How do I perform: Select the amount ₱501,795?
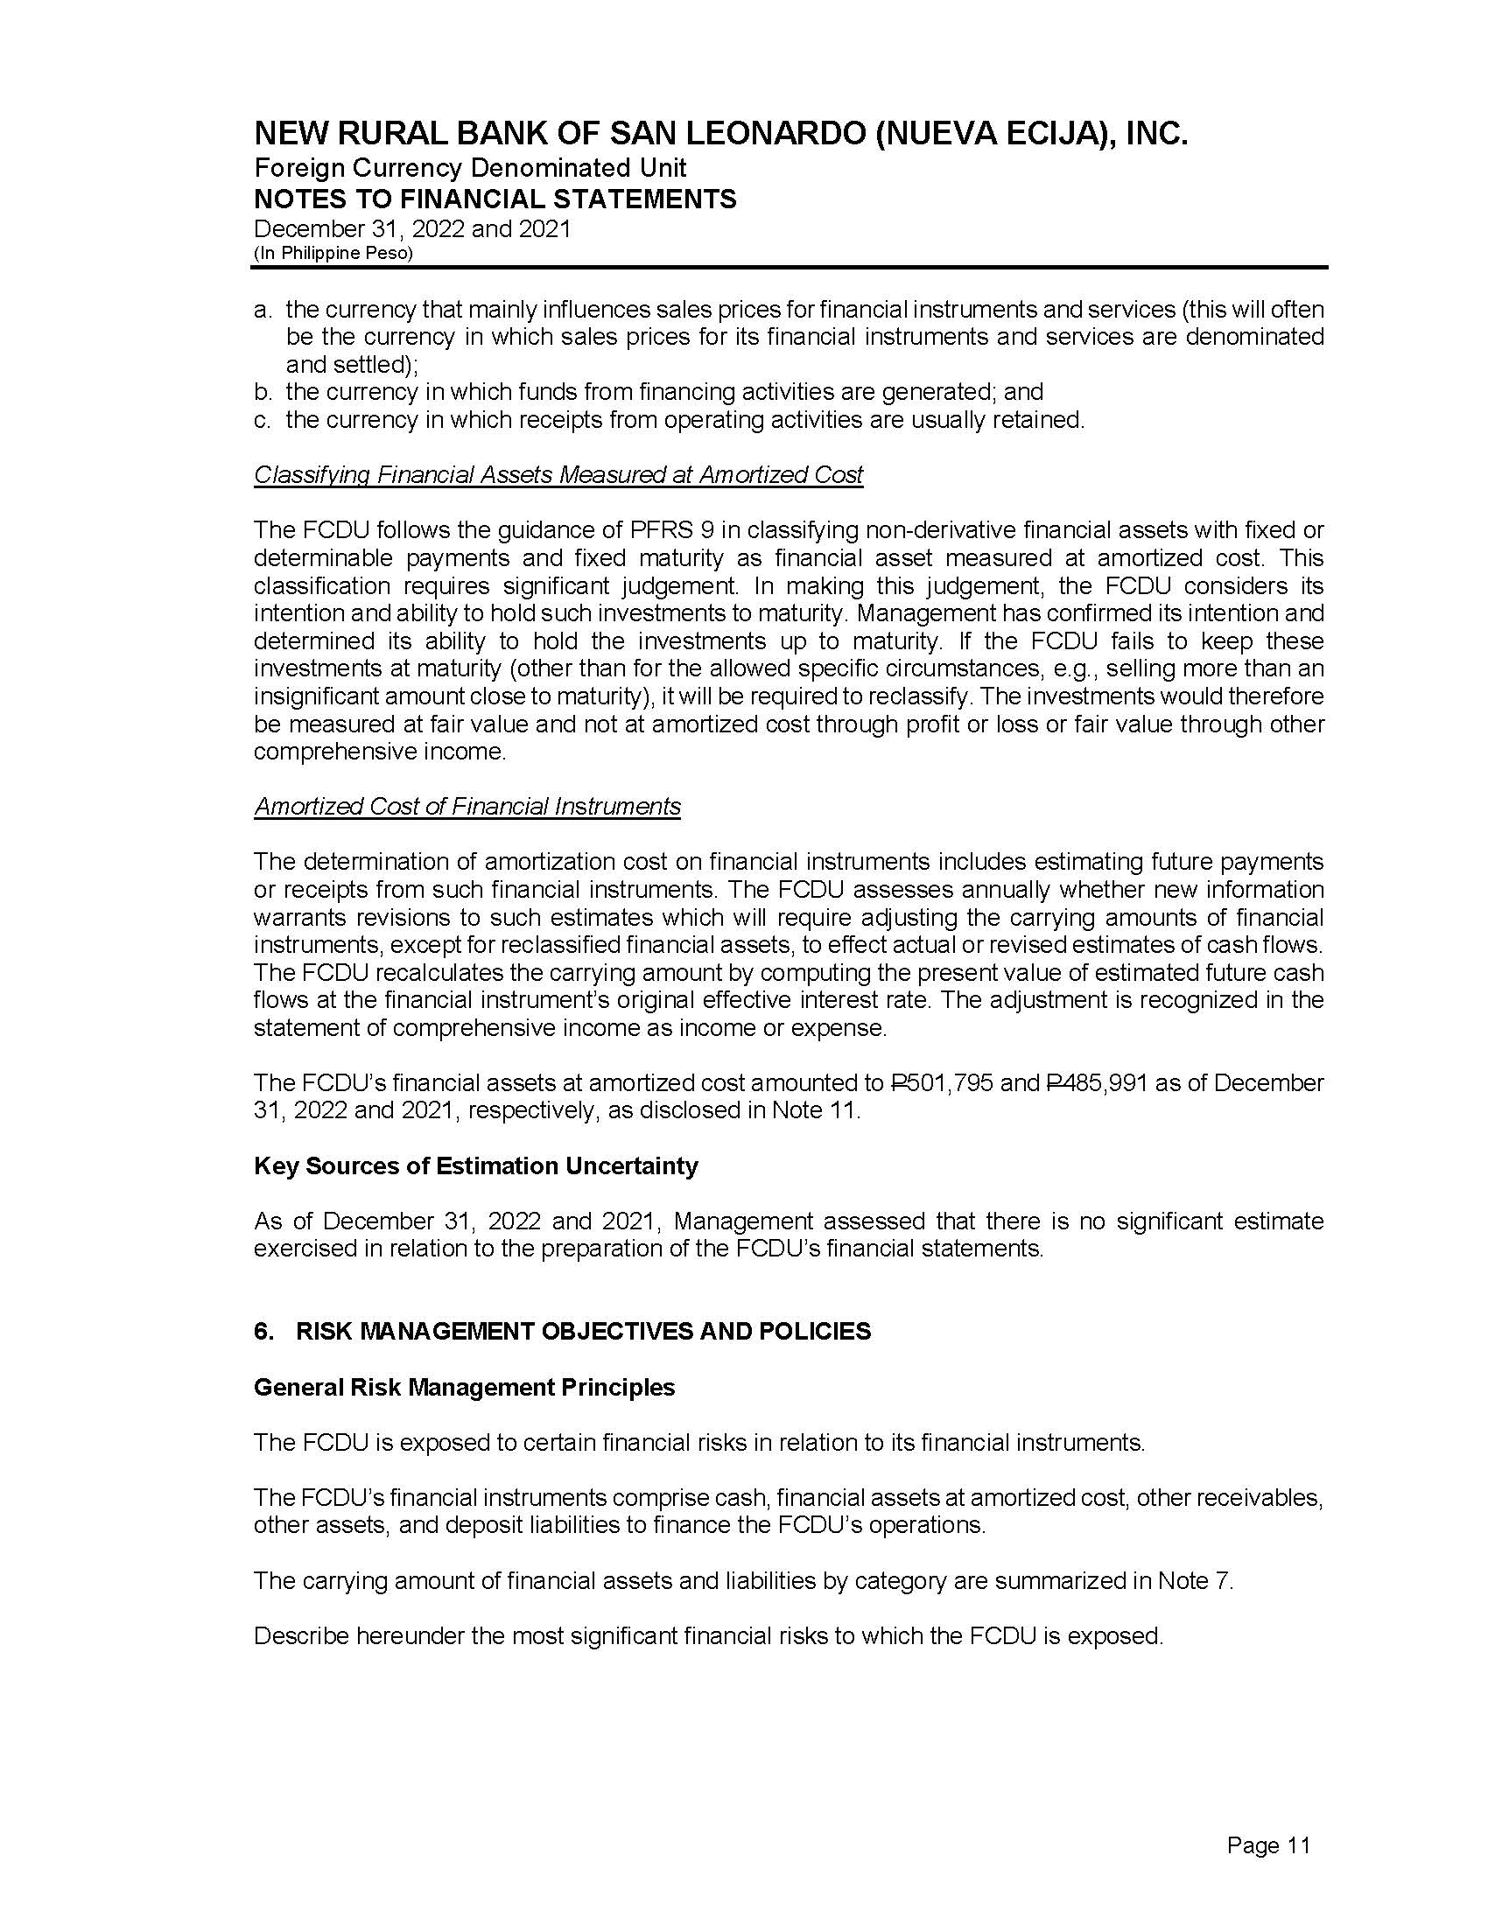[942, 1082]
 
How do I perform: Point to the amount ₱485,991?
[1097, 1082]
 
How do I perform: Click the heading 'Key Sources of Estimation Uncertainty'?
[475, 1165]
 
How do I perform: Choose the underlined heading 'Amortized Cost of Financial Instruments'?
[467, 807]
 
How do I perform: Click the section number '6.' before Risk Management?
[263, 1331]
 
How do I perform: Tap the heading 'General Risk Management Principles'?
[464, 1388]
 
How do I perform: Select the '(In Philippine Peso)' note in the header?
[333, 253]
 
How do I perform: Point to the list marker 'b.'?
[263, 391]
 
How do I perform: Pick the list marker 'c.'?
[262, 419]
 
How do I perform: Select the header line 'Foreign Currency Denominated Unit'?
[470, 167]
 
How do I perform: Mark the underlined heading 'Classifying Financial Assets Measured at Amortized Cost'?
[558, 475]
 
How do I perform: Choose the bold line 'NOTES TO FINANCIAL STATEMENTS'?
[495, 199]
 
